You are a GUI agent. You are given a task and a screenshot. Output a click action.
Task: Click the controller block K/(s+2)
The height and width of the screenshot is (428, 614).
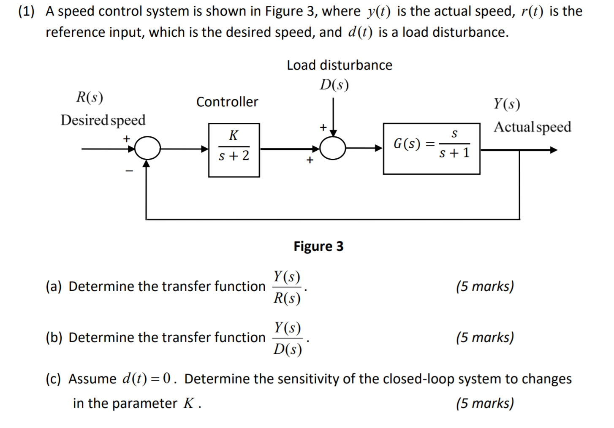pos(234,150)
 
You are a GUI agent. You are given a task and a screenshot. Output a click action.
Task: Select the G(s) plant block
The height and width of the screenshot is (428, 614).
pos(431,148)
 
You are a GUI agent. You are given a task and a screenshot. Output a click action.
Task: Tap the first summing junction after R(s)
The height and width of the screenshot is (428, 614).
pos(147,149)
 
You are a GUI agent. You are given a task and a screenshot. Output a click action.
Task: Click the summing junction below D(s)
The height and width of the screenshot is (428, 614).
pos(333,148)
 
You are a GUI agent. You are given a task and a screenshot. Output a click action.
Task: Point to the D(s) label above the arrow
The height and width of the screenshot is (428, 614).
pos(334,85)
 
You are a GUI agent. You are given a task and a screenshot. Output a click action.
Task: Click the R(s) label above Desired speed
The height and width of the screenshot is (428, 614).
pos(90,98)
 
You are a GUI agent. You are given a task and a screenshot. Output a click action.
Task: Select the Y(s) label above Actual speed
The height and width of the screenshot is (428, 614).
pos(507,104)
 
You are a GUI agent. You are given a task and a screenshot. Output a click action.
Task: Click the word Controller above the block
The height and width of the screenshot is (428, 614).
pos(227,102)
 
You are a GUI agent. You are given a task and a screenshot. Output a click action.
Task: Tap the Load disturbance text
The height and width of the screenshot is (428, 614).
pos(339,65)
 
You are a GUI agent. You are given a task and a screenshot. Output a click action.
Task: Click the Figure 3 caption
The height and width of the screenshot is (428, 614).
pos(318,246)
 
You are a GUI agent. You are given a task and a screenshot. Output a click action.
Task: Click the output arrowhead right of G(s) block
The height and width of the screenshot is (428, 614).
pos(553,150)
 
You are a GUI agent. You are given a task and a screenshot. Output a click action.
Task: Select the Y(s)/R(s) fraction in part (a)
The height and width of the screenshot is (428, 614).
pos(287,287)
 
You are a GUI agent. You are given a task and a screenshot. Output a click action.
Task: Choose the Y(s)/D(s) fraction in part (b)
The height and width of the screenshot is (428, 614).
pos(287,339)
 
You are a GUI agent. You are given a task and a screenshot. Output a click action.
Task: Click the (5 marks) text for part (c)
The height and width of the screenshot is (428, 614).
pos(485,403)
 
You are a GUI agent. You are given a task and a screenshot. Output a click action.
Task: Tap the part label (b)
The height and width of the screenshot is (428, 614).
pos(54,338)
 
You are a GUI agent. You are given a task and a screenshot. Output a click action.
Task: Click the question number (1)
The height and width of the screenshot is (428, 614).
pos(26,11)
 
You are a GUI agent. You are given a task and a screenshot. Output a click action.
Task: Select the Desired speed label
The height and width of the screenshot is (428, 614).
pos(103,120)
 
